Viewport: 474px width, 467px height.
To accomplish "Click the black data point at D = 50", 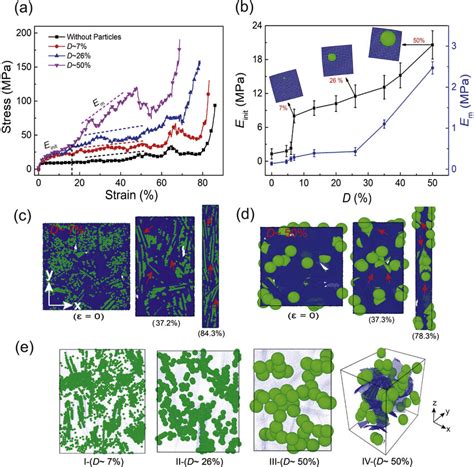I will [x=432, y=45].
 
